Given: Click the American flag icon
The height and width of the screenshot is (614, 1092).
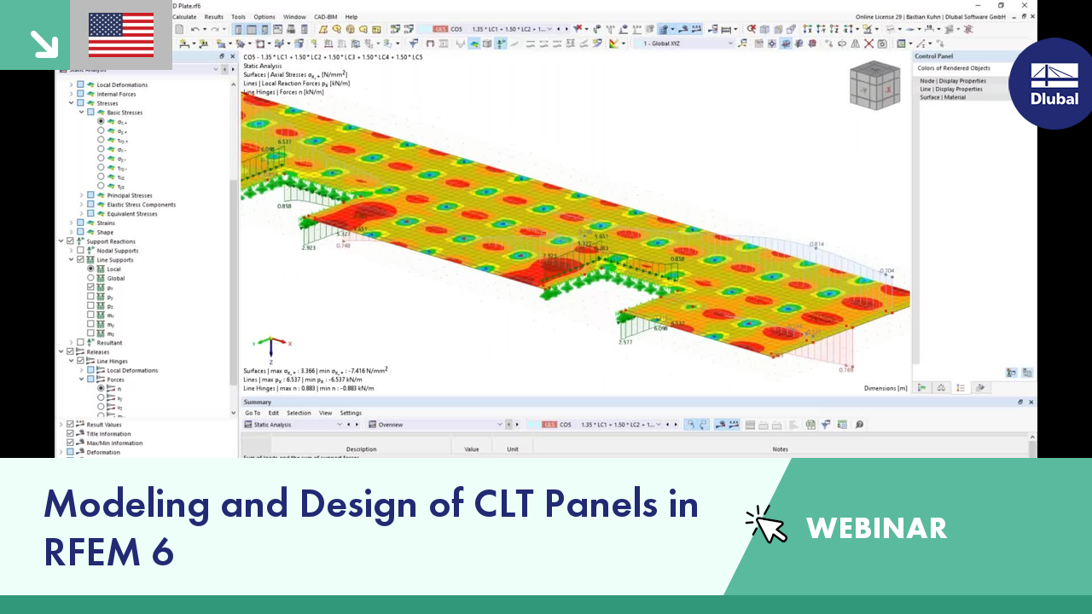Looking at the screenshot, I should (x=121, y=34).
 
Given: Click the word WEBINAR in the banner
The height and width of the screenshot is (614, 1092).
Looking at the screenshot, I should (x=876, y=528).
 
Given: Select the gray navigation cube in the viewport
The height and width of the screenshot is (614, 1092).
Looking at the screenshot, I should (x=873, y=85).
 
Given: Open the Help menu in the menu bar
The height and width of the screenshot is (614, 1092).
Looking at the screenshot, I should (x=351, y=16).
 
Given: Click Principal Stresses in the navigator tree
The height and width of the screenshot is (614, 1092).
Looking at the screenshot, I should (x=130, y=195).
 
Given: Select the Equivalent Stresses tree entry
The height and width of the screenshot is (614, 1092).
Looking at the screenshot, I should (x=132, y=214).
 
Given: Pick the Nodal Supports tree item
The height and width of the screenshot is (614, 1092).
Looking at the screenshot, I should (x=118, y=251).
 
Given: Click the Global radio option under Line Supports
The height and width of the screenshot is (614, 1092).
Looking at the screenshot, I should (x=115, y=278).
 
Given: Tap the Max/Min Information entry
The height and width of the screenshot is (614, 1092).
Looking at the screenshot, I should (x=114, y=443).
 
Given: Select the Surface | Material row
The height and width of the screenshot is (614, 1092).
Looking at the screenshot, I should (x=943, y=97).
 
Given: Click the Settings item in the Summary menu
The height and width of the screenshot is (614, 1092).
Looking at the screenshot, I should (x=351, y=413).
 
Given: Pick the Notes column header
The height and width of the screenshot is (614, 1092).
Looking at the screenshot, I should (x=780, y=449).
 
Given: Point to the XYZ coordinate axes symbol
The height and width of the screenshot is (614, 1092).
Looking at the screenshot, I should (x=271, y=345).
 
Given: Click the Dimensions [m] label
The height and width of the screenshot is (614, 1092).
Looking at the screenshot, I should (x=886, y=388).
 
